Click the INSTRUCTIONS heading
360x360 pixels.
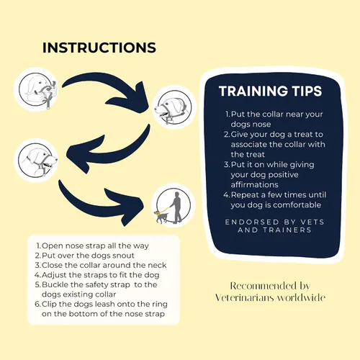pyautogui.click(x=99, y=48)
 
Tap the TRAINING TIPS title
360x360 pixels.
pyautogui.click(x=270, y=91)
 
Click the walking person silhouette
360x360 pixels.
pyautogui.click(x=176, y=207)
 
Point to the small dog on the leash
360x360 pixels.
pyautogui.click(x=161, y=217)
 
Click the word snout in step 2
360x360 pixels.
pyautogui.click(x=123, y=256)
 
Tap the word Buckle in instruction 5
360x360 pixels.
pyautogui.click(x=55, y=284)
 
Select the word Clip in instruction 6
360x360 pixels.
pyautogui.click(x=49, y=305)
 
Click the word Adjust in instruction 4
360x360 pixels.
pyautogui.click(x=54, y=275)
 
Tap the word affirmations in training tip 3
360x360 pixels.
pyautogui.click(x=255, y=184)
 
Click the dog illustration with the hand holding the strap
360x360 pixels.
pyautogui.click(x=37, y=90)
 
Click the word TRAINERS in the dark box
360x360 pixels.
pyautogui.click(x=287, y=230)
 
